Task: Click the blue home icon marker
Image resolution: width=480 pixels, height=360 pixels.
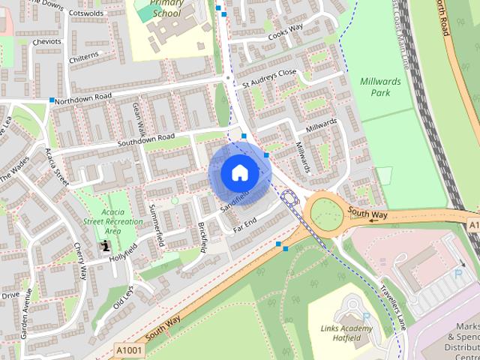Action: pyautogui.click(x=239, y=172)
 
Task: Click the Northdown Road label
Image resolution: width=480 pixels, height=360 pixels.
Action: pyautogui.click(x=83, y=97)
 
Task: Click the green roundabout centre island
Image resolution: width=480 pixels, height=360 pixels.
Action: pyautogui.click(x=327, y=214)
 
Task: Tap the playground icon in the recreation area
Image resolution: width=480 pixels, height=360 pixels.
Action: pyautogui.click(x=106, y=245)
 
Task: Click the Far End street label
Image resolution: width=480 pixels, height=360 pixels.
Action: pyautogui.click(x=244, y=222)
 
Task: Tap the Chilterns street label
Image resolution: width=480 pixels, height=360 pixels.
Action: pyautogui.click(x=82, y=57)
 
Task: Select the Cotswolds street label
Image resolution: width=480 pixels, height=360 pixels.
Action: pyautogui.click(x=85, y=13)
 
